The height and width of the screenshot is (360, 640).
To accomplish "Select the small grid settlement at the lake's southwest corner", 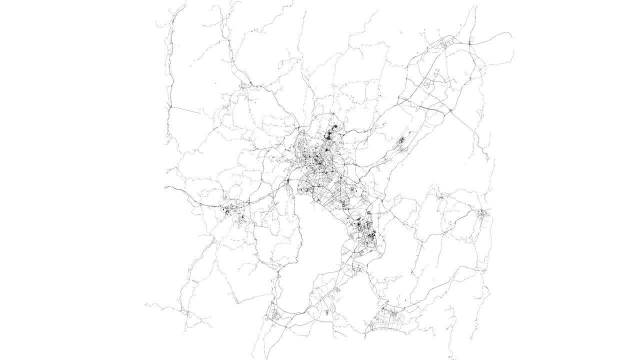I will click(x=274, y=314).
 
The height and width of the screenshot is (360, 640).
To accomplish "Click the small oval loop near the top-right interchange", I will click(x=443, y=45).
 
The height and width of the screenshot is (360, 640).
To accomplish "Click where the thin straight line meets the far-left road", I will click(x=170, y=106).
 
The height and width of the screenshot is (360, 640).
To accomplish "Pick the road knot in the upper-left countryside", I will click(x=245, y=86).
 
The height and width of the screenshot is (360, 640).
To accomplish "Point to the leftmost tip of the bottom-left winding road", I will click(x=145, y=303).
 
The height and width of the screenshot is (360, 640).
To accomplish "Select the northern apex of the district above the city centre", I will click(x=334, y=115).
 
